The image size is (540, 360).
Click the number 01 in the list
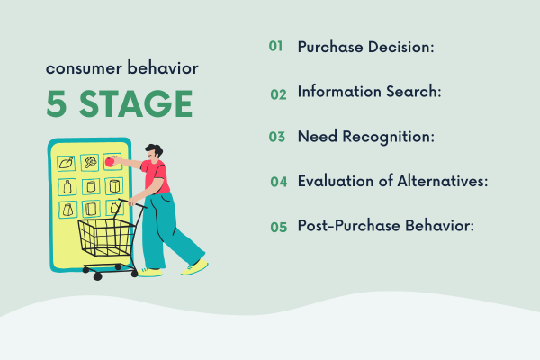(276, 46)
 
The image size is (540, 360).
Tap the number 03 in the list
(276, 138)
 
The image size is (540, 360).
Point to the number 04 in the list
(278, 182)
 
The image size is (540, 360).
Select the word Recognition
(384, 137)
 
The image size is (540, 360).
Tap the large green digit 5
(57, 105)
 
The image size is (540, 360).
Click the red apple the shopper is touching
(111, 163)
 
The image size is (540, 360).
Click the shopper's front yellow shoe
(193, 267)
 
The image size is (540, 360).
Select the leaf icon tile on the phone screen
(66, 163)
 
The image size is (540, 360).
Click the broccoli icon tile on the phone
(89, 163)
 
